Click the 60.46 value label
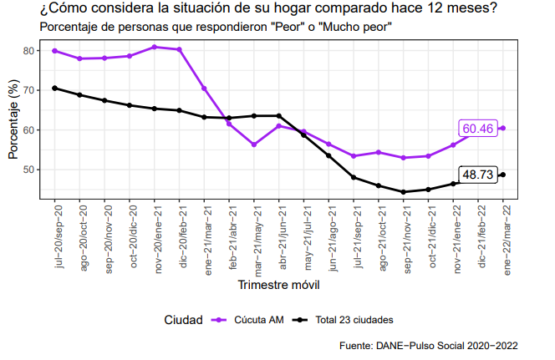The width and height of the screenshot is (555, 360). [478, 128]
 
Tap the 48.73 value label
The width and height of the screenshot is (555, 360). [478, 175]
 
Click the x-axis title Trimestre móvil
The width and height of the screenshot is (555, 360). [278, 285]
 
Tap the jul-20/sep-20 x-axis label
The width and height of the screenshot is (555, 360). [55, 237]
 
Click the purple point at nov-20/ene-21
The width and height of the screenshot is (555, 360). [155, 47]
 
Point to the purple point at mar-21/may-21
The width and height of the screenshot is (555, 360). [254, 145]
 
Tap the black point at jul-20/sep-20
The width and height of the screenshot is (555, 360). [55, 88]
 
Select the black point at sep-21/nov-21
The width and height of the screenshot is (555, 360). [404, 192]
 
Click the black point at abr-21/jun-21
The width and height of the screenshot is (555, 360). [279, 115]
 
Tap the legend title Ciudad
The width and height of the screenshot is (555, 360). [183, 319]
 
